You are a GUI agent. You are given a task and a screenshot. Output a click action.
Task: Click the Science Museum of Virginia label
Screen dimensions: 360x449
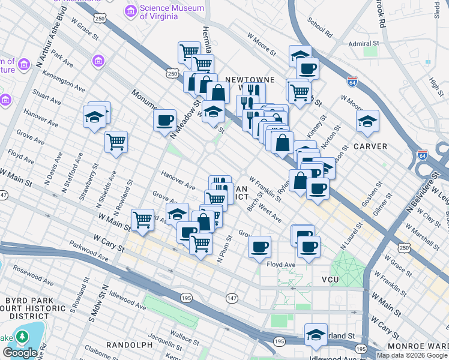158,11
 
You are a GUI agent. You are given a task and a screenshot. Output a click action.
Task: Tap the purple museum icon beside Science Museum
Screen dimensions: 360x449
130,11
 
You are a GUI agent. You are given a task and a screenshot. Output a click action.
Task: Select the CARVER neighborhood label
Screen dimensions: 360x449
370,146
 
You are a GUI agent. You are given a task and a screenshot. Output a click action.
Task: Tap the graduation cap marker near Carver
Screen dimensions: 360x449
367,122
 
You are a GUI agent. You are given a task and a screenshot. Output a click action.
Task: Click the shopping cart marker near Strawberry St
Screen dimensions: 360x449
116,142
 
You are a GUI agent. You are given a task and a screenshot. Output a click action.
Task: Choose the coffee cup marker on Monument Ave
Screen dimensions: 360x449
164,121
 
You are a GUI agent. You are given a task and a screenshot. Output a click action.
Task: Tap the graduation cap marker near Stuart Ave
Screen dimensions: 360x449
95,118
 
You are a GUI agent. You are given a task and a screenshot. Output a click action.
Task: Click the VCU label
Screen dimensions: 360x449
331,280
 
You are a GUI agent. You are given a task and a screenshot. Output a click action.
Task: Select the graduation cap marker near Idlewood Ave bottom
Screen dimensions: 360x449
315,335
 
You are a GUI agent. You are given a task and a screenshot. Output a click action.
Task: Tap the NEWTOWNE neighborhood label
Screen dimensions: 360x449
250,79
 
